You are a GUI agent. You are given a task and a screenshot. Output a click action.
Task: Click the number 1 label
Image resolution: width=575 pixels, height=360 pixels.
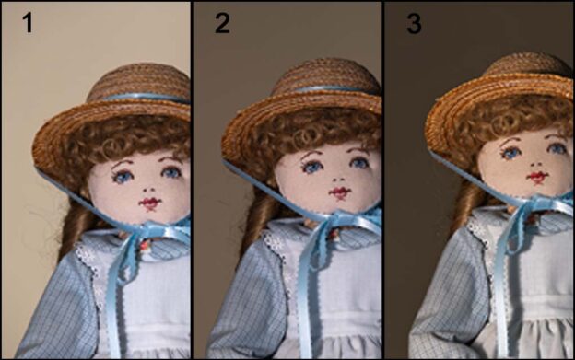pyautogui.click(x=28, y=23)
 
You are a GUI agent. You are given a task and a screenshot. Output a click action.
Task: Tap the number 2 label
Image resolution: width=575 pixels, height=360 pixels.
pyautogui.click(x=222, y=24)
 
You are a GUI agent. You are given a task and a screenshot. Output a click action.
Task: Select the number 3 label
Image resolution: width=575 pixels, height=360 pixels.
pyautogui.click(x=414, y=24)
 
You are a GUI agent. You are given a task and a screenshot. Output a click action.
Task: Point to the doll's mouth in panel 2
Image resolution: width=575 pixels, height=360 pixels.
pyautogui.click(x=340, y=192)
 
